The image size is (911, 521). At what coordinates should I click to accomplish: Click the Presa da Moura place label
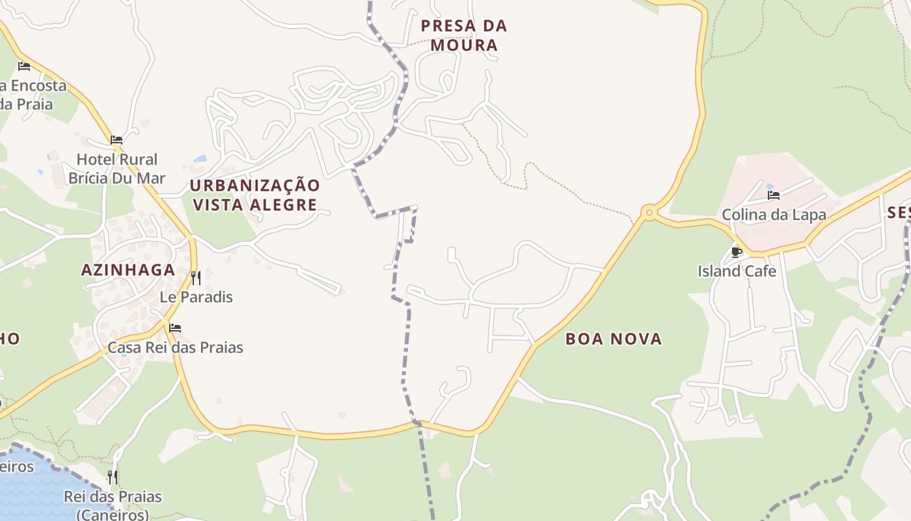point(463,35)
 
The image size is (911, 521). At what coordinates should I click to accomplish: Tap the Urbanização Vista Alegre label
point(254,195)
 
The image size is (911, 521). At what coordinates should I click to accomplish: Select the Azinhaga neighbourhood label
point(128,270)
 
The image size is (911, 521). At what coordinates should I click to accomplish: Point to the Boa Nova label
point(614,339)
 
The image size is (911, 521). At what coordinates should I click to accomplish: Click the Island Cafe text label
point(737,271)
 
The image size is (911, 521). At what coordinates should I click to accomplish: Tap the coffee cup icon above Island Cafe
point(737,252)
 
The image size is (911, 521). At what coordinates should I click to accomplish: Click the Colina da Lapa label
point(774,214)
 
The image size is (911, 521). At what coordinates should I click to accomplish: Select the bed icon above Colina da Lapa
point(774,195)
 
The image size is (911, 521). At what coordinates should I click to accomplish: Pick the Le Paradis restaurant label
point(196,297)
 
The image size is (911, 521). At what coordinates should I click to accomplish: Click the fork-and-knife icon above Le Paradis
point(196,278)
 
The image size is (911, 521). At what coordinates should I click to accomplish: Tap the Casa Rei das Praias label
point(175,347)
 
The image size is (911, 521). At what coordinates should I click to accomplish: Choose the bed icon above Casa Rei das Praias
point(174,328)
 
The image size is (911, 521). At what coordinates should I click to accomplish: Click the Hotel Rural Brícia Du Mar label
point(117,169)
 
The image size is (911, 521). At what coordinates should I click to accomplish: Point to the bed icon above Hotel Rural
point(116,140)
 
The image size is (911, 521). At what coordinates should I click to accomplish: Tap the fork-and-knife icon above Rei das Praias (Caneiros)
point(113,477)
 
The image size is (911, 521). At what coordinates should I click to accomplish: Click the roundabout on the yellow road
point(648,212)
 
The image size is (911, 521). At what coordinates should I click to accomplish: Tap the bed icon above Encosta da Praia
point(24,66)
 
